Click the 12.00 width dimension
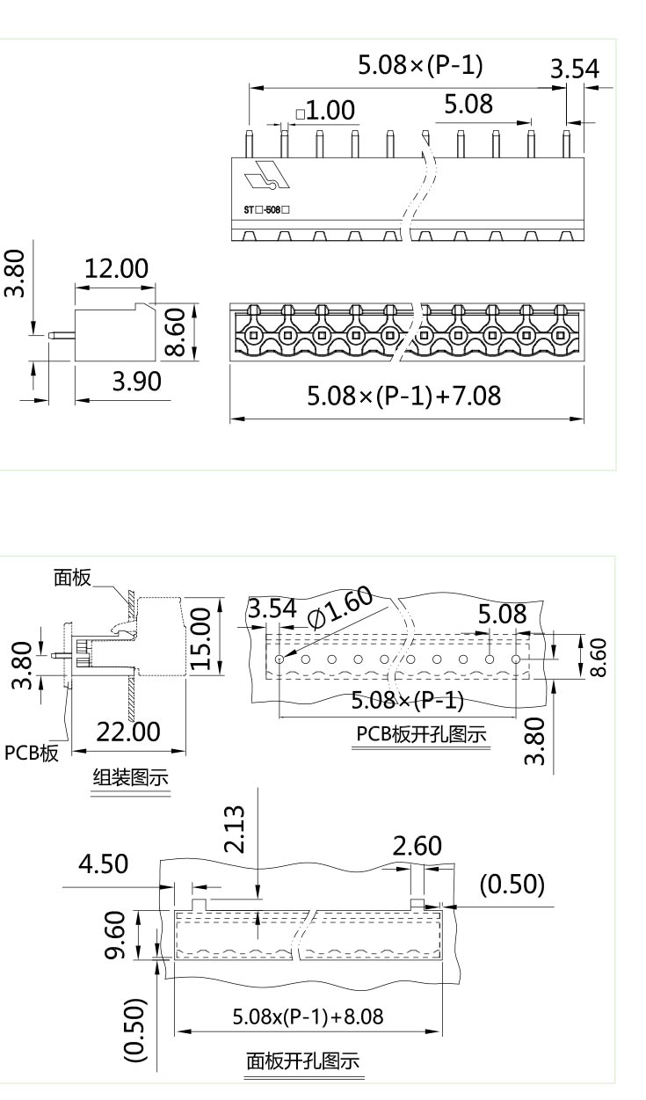pyautogui.click(x=116, y=268)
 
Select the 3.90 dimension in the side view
pyautogui.click(x=136, y=382)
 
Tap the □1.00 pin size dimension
pyautogui.click(x=325, y=110)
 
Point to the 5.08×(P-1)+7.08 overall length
pyautogui.click(x=404, y=396)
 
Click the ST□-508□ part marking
pyautogui.click(x=266, y=210)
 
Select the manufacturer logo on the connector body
pyautogui.click(x=267, y=174)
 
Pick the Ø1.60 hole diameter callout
pyautogui.click(x=339, y=607)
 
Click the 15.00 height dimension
pyautogui.click(x=200, y=638)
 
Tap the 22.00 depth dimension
pyautogui.click(x=128, y=732)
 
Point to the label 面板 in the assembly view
pyautogui.click(x=72, y=578)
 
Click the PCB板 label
pyautogui.click(x=32, y=753)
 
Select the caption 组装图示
pyautogui.click(x=131, y=777)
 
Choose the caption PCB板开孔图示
pyautogui.click(x=421, y=734)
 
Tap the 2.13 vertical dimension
pyautogui.click(x=234, y=829)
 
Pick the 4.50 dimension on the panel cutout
pyautogui.click(x=104, y=863)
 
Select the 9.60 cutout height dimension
pyautogui.click(x=116, y=935)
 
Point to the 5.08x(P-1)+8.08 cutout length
pyautogui.click(x=308, y=1016)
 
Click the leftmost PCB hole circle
pyautogui.click(x=279, y=659)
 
